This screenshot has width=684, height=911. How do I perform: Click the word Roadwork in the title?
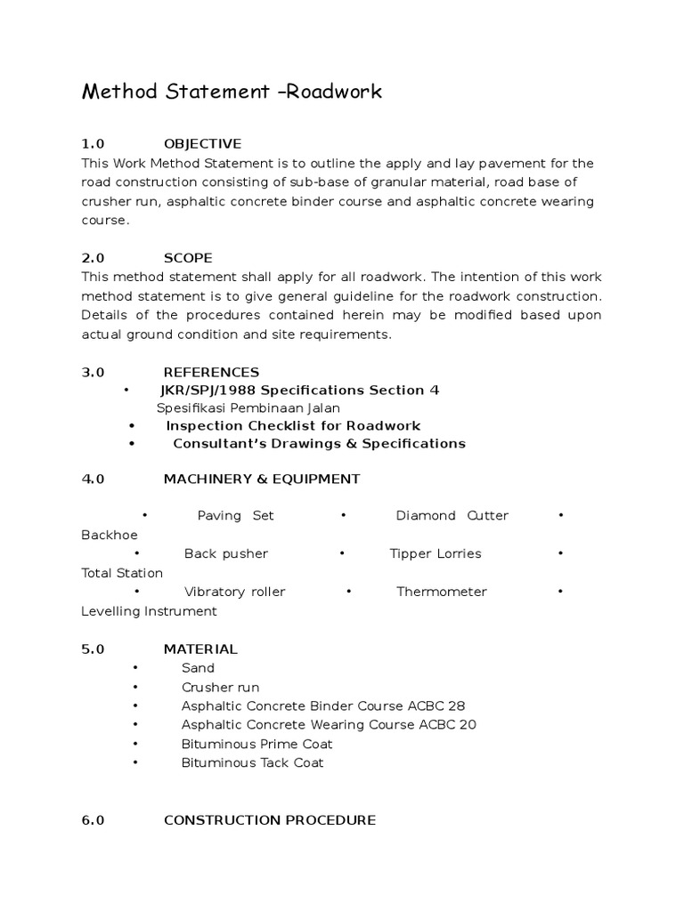point(337,92)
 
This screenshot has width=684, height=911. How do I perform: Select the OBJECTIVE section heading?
point(202,144)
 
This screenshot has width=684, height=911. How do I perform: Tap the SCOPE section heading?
point(188,258)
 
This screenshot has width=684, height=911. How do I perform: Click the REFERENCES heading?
point(211,372)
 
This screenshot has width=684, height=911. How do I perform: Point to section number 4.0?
point(94,479)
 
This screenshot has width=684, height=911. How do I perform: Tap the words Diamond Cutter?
point(452,516)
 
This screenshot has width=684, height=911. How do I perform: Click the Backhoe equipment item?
point(110,536)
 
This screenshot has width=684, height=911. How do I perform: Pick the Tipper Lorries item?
point(435,553)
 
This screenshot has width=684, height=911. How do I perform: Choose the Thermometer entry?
point(442,592)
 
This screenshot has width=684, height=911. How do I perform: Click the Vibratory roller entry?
point(234,592)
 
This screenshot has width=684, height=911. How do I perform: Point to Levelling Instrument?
point(149,611)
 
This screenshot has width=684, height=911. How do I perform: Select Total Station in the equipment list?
point(122,574)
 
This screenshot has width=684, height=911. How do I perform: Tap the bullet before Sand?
point(135,668)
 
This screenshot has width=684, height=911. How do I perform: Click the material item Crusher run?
point(220,687)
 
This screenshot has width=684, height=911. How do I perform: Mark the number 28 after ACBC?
point(456,706)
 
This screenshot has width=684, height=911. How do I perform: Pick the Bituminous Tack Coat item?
point(252,762)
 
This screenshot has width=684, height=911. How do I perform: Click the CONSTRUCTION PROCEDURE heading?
point(269,820)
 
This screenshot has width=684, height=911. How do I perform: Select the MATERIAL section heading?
point(200,649)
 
